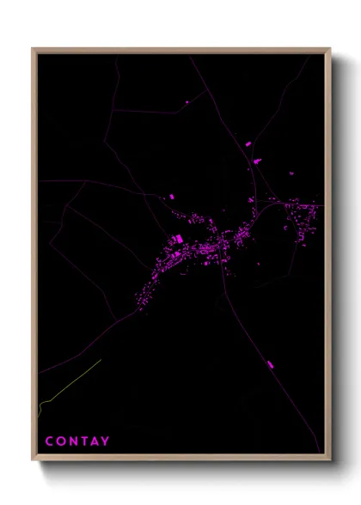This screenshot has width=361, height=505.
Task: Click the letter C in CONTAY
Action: [49, 442]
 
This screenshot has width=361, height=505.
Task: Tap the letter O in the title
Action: [60, 442]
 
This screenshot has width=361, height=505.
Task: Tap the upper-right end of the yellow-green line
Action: [101, 361]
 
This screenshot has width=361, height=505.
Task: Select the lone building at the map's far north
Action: [187, 102]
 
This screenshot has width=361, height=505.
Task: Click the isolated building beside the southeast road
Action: [270, 365]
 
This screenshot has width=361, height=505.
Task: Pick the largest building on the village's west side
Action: [178, 240]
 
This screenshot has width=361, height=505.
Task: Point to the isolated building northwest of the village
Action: [170, 197]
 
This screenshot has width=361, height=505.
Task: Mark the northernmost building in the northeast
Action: [250, 143]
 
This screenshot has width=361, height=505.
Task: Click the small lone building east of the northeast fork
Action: [289, 174]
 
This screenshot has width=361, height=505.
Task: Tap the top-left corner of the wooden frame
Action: [33, 49]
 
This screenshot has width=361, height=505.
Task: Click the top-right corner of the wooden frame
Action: [330, 49]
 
